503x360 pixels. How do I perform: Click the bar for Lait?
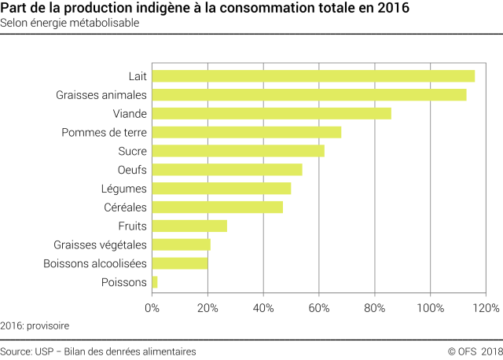313,75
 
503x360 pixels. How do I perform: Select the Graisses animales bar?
309,94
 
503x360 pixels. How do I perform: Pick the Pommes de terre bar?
246,132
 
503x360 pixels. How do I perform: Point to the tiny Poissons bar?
155,282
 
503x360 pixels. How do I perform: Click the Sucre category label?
131,151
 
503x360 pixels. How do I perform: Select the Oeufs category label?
131,170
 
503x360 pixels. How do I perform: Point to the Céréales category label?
124,208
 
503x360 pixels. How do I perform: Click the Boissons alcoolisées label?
95,263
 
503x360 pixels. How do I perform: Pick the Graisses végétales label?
100,244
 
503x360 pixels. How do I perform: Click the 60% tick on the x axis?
319,307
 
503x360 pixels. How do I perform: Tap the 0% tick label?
152,307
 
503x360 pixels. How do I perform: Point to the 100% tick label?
430,307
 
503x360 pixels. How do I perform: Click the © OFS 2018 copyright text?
475,351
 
